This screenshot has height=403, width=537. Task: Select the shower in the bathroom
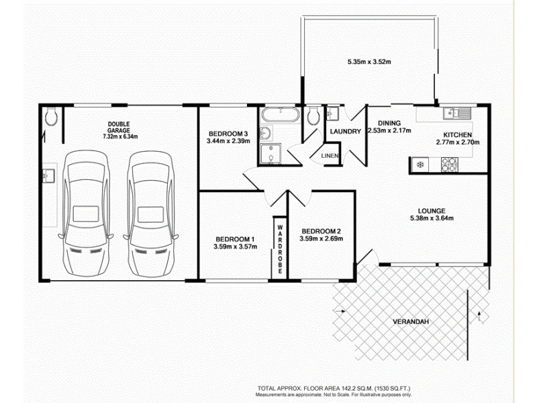270,153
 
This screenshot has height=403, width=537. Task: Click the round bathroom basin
266,132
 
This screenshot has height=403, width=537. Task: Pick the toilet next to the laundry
311,118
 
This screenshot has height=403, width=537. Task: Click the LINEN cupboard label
330,156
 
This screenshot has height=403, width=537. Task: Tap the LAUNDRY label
346,132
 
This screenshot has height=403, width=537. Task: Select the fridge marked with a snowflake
420,163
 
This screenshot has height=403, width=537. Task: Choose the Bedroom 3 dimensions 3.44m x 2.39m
228,141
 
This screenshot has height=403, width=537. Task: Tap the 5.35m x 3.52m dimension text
369,62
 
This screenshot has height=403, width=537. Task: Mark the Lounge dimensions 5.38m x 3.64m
432,218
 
